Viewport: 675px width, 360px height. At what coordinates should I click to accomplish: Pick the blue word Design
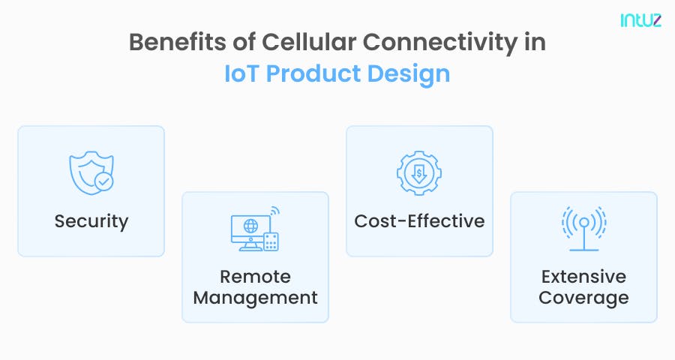click(412, 74)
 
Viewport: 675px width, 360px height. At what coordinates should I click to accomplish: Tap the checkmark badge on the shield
click(104, 181)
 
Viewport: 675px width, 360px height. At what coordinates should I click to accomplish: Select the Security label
click(91, 221)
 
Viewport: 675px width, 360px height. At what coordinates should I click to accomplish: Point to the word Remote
click(255, 276)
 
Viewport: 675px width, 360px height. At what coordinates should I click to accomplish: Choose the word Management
click(255, 298)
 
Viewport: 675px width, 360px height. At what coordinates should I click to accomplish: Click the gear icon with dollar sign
click(419, 173)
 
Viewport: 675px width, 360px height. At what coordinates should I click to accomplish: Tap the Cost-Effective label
click(419, 221)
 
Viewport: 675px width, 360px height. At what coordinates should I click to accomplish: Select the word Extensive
click(583, 276)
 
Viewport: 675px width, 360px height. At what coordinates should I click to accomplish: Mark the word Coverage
click(583, 298)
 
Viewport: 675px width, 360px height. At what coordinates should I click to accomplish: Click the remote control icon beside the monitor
click(271, 240)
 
